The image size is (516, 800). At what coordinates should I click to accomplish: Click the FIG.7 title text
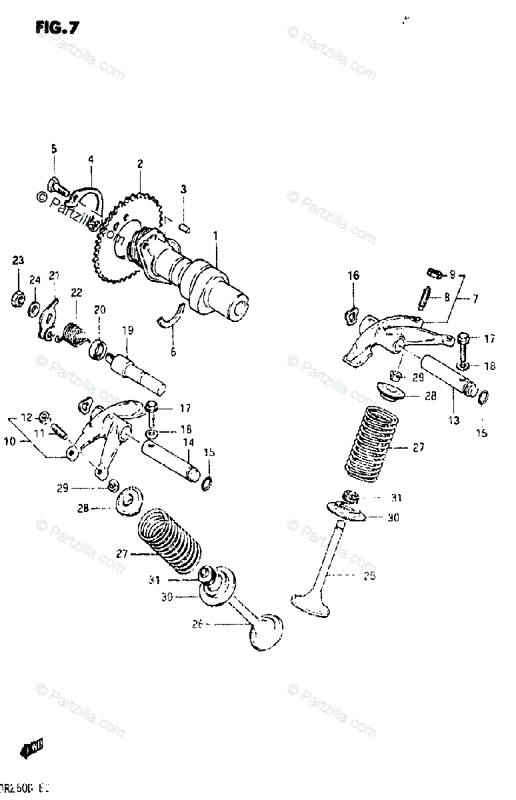point(57,27)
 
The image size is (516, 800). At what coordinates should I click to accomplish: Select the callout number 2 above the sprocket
point(141,163)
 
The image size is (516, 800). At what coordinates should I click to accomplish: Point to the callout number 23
point(17,260)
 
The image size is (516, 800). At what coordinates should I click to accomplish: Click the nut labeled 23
point(16,298)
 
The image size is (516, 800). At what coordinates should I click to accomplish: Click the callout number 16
point(353,275)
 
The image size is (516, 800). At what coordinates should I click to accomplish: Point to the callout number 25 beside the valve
point(369,575)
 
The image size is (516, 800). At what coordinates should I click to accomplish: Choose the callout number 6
point(173,351)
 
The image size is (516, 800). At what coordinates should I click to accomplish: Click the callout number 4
point(91,159)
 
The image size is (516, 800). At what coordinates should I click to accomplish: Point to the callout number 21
point(53,275)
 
